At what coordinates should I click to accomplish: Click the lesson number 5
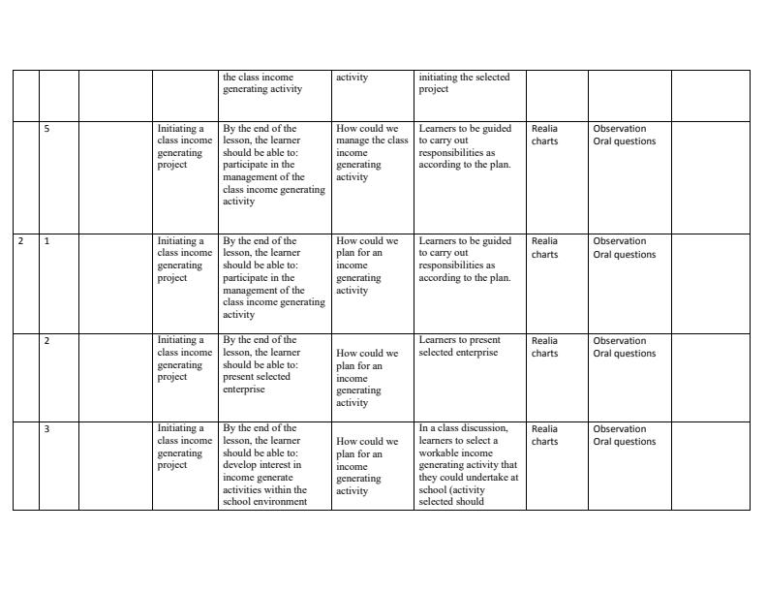46,129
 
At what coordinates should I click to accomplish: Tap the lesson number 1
46,241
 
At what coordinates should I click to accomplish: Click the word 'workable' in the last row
437,453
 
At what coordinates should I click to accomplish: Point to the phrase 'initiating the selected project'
464,83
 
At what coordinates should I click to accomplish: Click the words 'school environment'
264,502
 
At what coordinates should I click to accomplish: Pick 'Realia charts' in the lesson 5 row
544,135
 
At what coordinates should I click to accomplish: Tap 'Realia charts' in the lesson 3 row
544,435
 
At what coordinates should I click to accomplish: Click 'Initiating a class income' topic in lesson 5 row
184,135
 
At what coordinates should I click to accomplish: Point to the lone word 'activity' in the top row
352,78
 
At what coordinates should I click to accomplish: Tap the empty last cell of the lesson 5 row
710,176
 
